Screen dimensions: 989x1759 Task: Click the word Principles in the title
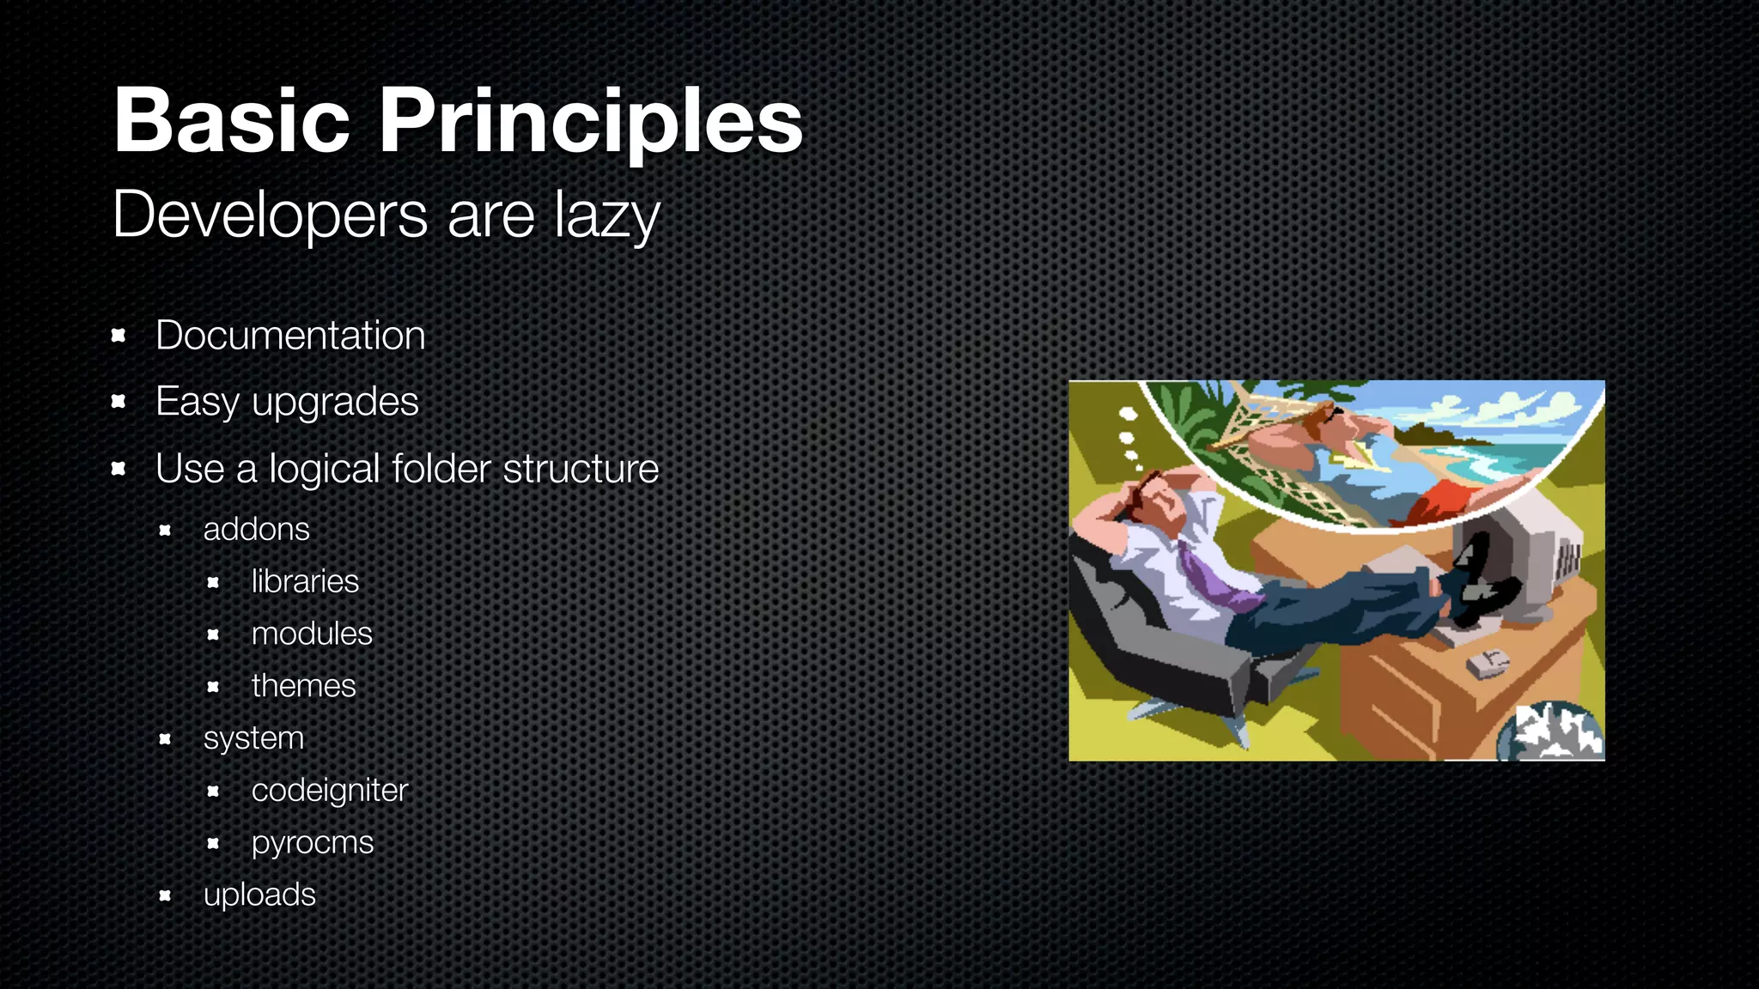click(591, 122)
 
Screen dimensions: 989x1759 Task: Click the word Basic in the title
click(232, 122)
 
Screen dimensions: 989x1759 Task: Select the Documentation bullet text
click(290, 335)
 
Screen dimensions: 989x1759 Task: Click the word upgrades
click(335, 402)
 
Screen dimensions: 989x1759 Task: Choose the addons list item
click(256, 529)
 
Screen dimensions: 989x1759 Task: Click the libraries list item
click(305, 581)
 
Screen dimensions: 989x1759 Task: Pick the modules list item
click(312, 634)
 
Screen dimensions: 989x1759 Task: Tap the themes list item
click(303, 686)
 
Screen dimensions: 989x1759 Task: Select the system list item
click(253, 738)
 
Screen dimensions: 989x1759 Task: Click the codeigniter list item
click(329, 791)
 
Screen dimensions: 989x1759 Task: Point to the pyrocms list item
click(313, 843)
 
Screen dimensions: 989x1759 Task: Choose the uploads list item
click(259, 895)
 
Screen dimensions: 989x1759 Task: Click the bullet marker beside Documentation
click(119, 336)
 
